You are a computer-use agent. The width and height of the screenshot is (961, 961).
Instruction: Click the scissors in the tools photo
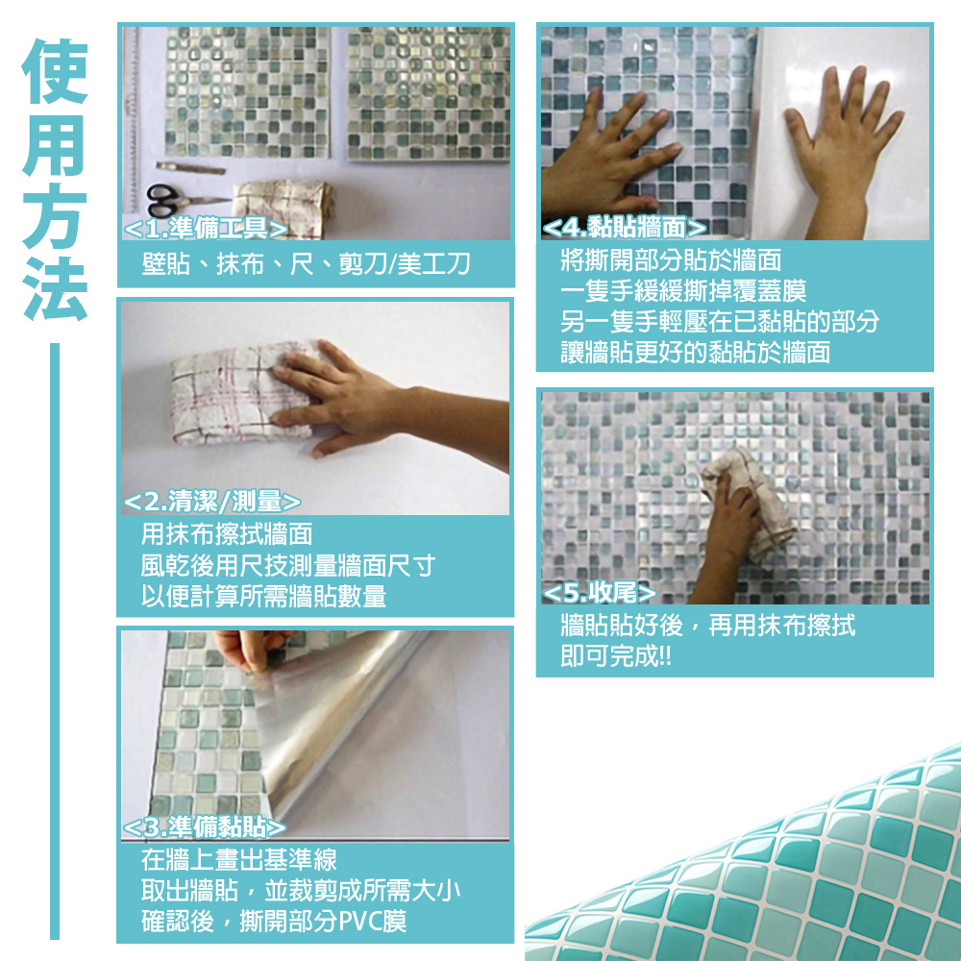point(178,200)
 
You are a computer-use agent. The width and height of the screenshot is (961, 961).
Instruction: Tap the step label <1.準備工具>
point(206,229)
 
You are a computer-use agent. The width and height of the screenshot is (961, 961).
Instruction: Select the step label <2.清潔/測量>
point(212,502)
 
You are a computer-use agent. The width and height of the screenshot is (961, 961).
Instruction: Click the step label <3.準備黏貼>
point(204,827)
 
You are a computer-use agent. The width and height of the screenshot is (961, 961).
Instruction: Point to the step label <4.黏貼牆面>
point(625,228)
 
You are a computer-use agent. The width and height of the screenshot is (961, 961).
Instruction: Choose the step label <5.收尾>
point(599,592)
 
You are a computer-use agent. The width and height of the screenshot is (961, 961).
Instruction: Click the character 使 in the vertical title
point(55,71)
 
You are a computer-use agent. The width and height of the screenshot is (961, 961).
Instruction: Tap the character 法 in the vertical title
point(55,288)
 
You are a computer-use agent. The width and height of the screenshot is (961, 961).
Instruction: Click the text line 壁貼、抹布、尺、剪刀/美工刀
point(306,264)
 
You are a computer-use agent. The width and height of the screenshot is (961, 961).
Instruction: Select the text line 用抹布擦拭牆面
point(227,533)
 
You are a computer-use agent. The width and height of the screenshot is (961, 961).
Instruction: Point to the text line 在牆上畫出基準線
point(239,860)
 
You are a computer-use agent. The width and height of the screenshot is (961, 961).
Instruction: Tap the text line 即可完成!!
point(616,655)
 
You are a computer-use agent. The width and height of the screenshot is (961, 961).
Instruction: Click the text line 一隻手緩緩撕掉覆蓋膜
point(683,290)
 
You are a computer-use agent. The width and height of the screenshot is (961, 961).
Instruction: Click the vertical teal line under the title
point(55,641)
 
